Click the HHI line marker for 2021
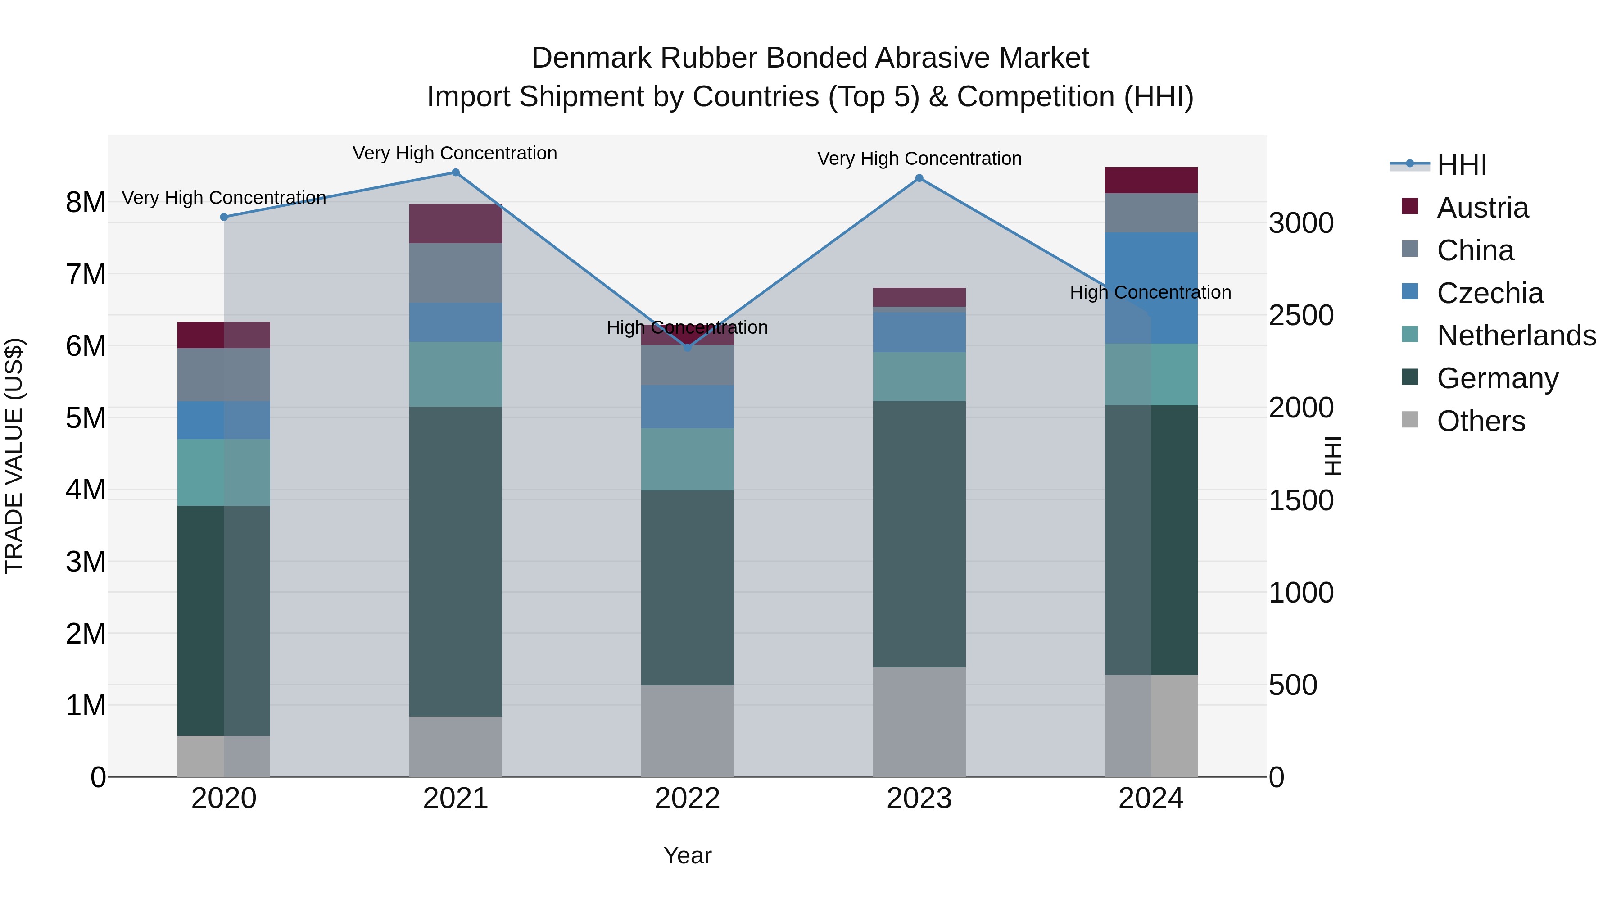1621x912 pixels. point(456,172)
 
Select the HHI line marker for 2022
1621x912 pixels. point(687,347)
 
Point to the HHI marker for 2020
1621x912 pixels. point(224,217)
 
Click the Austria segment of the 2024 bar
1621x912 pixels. point(1151,181)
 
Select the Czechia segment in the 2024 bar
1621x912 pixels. point(1151,288)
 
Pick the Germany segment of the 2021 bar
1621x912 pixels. point(456,562)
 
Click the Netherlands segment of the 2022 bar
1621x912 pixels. point(687,459)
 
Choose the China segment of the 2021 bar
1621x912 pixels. point(456,273)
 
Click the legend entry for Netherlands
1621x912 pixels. point(1516,336)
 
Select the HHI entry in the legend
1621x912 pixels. point(1461,165)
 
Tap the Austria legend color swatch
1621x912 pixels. point(1410,206)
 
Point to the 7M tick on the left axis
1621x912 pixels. point(86,274)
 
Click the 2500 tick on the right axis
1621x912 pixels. point(1300,315)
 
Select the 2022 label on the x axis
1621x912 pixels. point(687,799)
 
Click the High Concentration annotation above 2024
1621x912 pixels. point(1150,293)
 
